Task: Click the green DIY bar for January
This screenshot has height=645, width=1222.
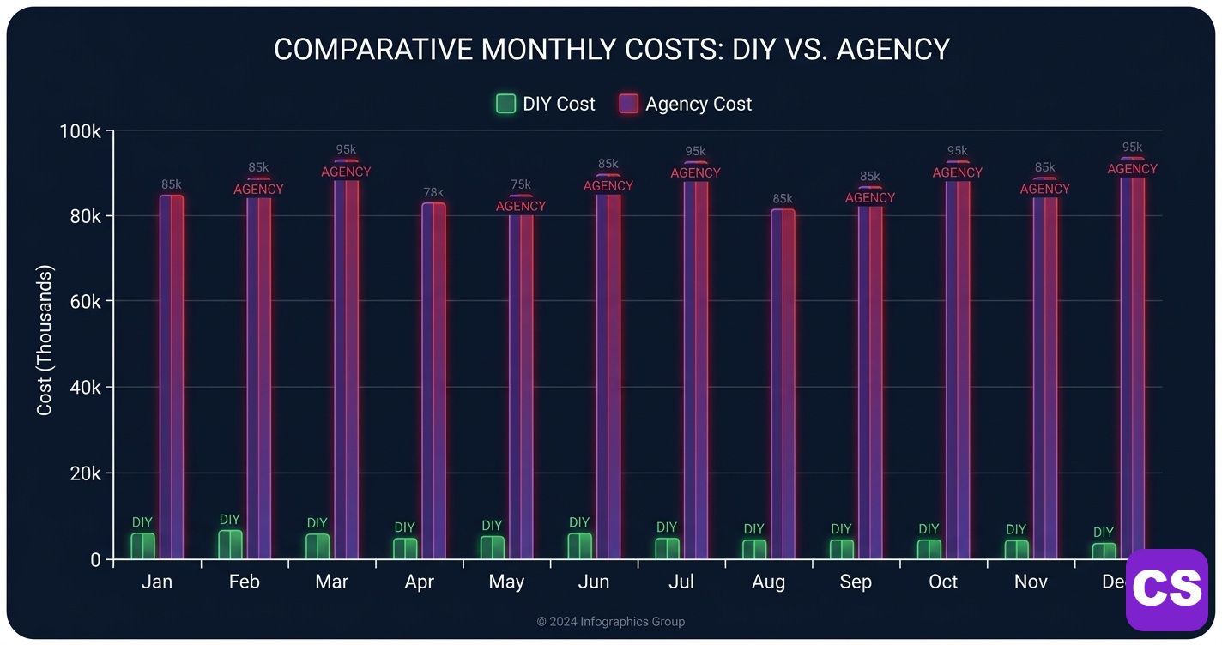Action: coord(143,546)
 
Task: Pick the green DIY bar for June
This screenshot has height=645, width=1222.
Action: coord(580,546)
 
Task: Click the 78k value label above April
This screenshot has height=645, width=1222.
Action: coord(433,191)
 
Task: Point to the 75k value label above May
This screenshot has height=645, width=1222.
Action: coord(521,184)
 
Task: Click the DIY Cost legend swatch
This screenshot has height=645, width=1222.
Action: coord(506,104)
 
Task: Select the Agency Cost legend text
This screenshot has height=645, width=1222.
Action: coord(699,104)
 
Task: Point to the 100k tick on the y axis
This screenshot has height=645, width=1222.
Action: coord(81,131)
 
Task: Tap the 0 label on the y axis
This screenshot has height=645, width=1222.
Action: coord(96,560)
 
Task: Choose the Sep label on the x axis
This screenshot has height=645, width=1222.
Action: coord(856,582)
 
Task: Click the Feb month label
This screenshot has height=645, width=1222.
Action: coord(245,582)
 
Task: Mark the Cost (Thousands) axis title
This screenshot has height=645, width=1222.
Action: coord(45,341)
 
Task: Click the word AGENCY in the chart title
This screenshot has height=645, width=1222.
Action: coord(892,49)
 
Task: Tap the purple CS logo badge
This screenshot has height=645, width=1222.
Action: coord(1166,589)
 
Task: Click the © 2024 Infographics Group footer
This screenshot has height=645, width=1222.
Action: coord(611,622)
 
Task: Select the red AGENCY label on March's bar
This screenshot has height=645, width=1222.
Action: coord(346,172)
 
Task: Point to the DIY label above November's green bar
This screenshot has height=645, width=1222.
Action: coord(1015,529)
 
